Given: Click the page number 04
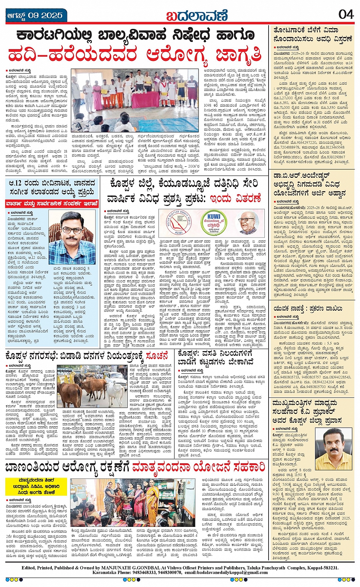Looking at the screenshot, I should [346, 14].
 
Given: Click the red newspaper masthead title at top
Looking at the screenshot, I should [197, 16].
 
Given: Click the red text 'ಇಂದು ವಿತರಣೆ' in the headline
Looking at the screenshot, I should [236, 198].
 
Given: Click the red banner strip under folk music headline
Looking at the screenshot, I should [52, 204].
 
